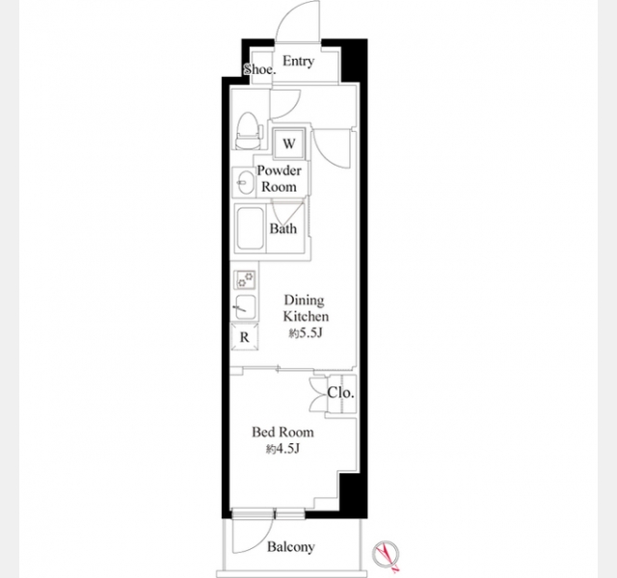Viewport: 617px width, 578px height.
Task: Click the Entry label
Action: (298, 62)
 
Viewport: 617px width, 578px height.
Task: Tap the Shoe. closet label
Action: (259, 69)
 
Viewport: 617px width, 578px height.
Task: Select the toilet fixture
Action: (249, 131)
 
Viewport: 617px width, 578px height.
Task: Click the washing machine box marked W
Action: (289, 144)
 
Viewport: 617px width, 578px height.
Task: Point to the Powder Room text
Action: (279, 178)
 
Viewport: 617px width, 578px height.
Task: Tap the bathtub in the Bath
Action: (251, 228)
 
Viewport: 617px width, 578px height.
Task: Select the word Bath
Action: (282, 228)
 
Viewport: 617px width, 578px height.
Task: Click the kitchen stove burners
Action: (245, 280)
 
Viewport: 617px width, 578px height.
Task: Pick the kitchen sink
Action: (245, 307)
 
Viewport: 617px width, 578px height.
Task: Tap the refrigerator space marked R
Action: (244, 337)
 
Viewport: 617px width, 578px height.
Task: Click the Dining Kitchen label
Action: (306, 308)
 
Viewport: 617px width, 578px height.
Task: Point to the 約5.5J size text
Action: (306, 333)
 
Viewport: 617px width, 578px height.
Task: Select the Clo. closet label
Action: (340, 392)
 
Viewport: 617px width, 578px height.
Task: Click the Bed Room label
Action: (282, 433)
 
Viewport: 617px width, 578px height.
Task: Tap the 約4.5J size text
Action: (282, 449)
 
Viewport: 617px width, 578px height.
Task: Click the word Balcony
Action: (291, 547)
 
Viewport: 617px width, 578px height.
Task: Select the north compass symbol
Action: (386, 555)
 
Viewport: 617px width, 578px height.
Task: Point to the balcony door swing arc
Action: (260, 542)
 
